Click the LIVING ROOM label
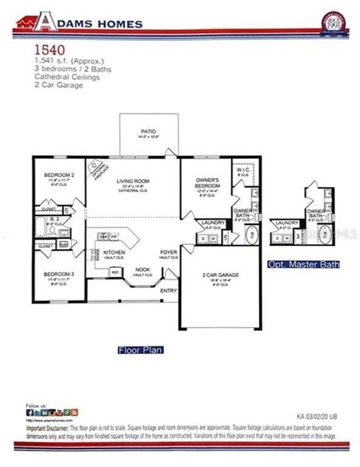click(x=133, y=181)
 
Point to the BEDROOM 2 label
click(x=58, y=174)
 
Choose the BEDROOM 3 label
click(x=58, y=274)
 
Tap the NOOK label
click(x=142, y=269)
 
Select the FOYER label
click(x=169, y=253)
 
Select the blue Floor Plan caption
click(x=140, y=349)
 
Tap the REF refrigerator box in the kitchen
click(x=114, y=272)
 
